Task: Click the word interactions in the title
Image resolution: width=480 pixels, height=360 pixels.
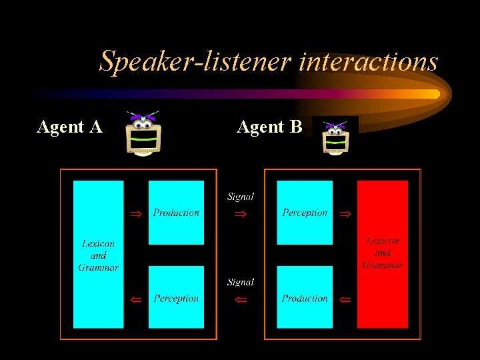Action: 369,62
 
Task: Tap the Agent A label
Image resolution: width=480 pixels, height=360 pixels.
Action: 70,127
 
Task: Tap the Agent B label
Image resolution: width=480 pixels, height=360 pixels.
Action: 270,127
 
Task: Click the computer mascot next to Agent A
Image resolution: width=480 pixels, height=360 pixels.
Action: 143,133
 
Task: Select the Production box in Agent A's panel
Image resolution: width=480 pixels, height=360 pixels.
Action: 176,213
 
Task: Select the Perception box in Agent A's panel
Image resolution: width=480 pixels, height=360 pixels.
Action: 176,297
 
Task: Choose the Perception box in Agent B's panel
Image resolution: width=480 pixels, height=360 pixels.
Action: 305,213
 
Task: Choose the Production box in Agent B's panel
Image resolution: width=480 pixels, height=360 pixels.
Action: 305,297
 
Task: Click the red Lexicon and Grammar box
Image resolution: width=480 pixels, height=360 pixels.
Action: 383,254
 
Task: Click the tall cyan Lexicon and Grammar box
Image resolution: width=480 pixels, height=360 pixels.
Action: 98,254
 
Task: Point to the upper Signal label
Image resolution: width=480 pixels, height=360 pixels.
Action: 241,197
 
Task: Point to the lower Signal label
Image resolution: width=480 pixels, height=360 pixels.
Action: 241,282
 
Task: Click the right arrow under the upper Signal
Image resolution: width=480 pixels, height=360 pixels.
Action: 241,215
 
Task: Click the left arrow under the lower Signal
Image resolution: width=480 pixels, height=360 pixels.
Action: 241,300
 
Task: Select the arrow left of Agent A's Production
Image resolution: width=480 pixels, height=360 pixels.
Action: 136,214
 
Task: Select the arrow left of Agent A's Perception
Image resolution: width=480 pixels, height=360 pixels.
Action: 136,300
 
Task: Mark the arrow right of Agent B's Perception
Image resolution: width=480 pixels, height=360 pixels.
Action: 345,214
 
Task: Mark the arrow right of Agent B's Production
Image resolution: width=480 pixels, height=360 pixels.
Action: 345,300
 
